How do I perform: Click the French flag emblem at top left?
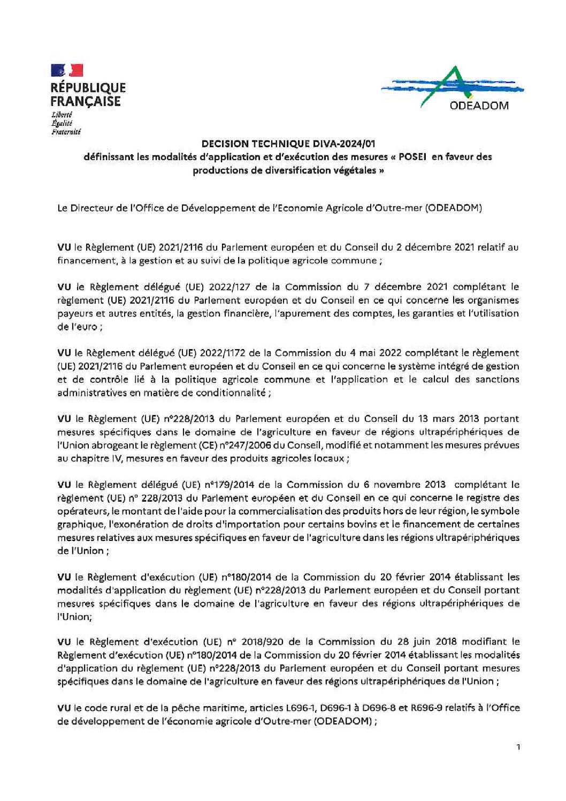click(x=67, y=70)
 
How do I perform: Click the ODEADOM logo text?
click(x=479, y=105)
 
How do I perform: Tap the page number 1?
click(x=518, y=747)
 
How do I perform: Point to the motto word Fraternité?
click(x=65, y=132)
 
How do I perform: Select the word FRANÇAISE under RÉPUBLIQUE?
click(x=86, y=101)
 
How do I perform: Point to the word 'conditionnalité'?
click(x=233, y=392)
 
